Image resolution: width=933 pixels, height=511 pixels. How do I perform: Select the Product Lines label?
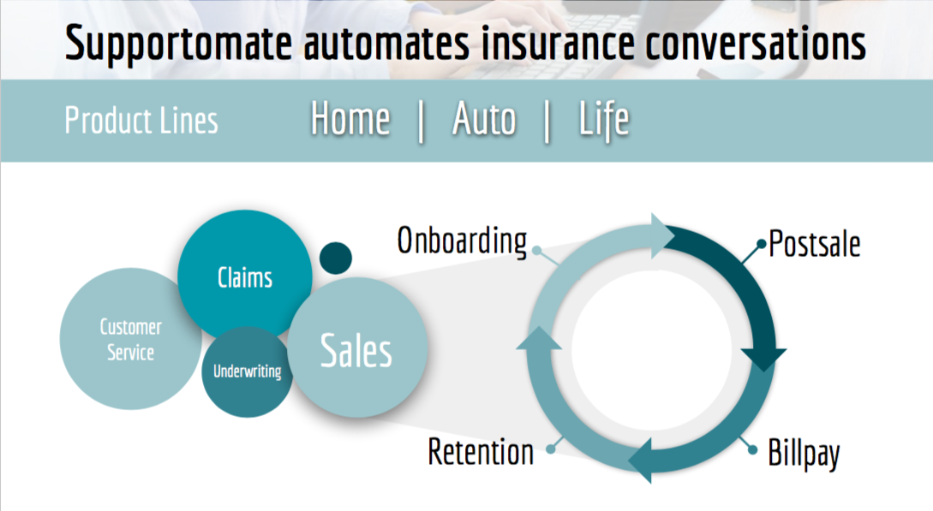(x=141, y=121)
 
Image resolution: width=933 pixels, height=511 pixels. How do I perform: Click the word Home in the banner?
(x=350, y=120)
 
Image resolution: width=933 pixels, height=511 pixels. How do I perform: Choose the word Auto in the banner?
(x=484, y=120)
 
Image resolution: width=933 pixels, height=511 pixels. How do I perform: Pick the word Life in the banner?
(x=604, y=120)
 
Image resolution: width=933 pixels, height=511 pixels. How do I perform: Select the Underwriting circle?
(x=247, y=372)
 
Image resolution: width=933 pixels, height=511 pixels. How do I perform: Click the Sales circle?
(x=356, y=349)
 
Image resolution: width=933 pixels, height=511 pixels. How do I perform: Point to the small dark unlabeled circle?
(x=335, y=257)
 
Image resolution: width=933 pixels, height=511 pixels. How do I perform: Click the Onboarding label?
(x=462, y=241)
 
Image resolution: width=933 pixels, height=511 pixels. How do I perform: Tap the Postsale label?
(x=814, y=244)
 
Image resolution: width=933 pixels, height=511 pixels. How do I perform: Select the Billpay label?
(x=804, y=452)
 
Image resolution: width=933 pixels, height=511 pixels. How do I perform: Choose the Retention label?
(x=481, y=451)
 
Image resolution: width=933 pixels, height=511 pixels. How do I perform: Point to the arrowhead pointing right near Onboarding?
(x=660, y=235)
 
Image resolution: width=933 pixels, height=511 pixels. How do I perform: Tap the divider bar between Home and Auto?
(x=421, y=122)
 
